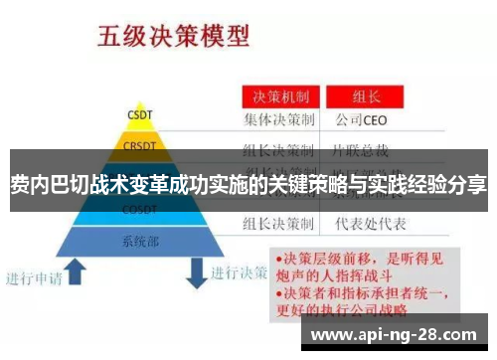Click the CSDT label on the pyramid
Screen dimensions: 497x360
point(139,113)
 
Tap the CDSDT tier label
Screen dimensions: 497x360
point(139,210)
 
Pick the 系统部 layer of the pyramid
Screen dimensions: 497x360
point(139,241)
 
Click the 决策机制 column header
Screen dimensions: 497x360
point(280,98)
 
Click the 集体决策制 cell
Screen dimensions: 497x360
point(280,120)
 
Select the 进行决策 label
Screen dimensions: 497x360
point(243,271)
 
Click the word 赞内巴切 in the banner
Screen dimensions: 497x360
point(44,184)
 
